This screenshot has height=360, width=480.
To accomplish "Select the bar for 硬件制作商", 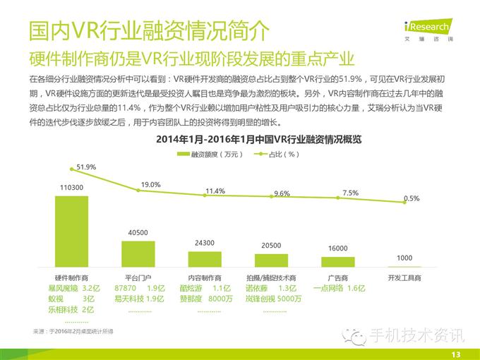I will (71, 229).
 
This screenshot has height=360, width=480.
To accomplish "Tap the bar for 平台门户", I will (138, 252).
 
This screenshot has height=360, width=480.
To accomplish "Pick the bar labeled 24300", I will (204, 258).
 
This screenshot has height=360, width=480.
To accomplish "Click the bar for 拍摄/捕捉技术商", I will (271, 259).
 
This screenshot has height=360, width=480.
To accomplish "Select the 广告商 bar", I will (337, 260).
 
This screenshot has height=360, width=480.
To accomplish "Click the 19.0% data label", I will (151, 184).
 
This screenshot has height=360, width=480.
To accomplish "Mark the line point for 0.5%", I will (404, 203).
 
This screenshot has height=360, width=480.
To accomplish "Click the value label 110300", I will (71, 187).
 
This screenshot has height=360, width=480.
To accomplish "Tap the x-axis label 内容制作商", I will (204, 278).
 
